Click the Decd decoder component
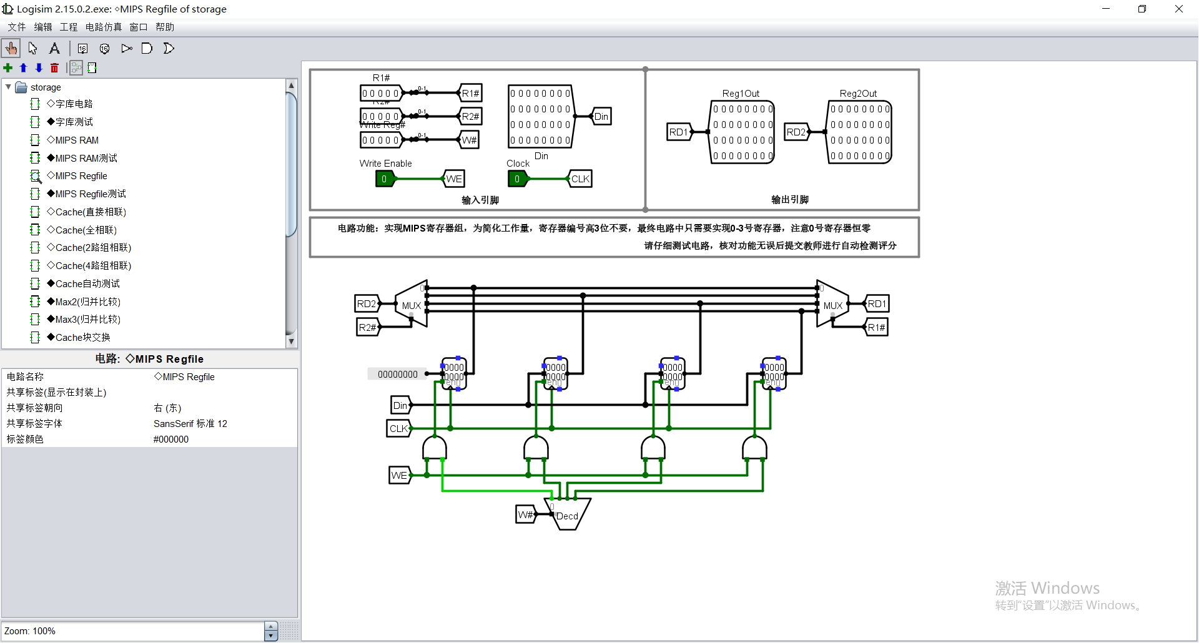point(568,514)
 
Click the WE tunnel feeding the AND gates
point(399,475)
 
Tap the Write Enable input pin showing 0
point(384,179)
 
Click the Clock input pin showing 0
point(517,179)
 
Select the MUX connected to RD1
point(832,305)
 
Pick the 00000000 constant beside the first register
point(398,374)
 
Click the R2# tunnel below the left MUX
point(367,327)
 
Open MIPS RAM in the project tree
point(77,140)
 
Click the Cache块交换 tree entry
point(82,337)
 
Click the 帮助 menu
point(165,27)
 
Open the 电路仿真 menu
point(104,27)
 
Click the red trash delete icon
point(54,68)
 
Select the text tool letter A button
point(54,48)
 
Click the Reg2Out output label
point(858,94)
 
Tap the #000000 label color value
point(171,439)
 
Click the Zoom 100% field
point(132,631)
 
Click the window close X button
point(1178,9)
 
